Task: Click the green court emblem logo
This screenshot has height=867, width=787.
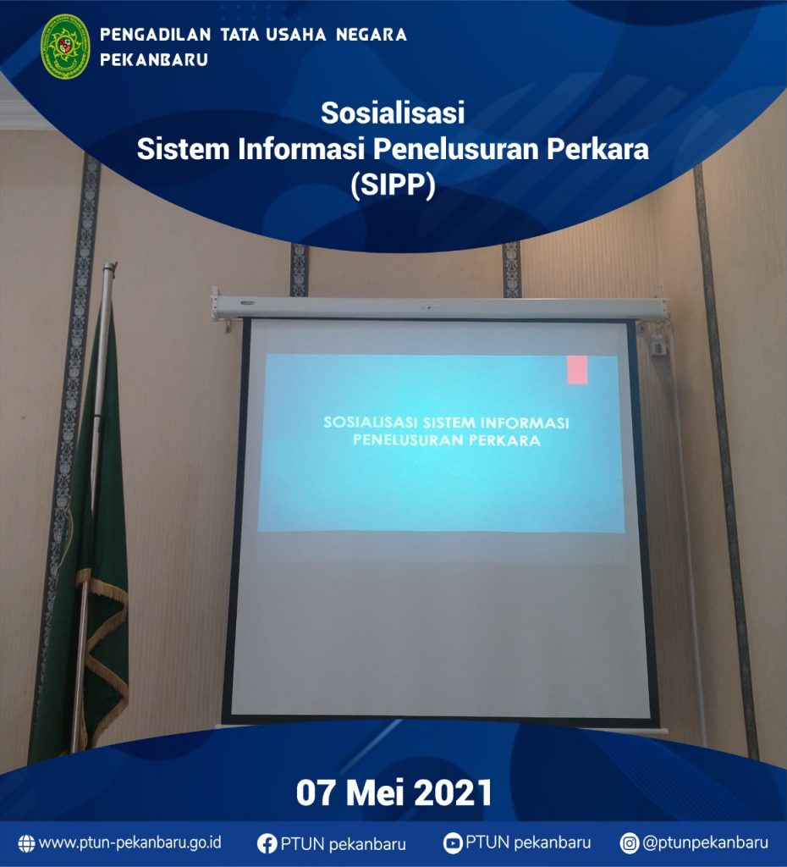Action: [x=65, y=47]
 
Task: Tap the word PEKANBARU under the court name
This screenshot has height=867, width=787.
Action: [x=154, y=60]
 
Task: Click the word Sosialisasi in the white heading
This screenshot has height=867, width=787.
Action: [x=393, y=113]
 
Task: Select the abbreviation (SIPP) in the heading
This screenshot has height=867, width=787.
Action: [x=393, y=185]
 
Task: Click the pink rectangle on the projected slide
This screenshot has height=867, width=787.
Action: [x=577, y=370]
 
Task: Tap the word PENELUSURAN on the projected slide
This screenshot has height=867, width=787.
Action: [x=408, y=440]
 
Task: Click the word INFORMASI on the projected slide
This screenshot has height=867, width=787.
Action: [x=525, y=423]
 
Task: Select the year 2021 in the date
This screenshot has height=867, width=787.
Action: [x=453, y=792]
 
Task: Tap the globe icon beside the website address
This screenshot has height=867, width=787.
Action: [x=26, y=843]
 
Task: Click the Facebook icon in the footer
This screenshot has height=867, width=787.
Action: [x=267, y=844]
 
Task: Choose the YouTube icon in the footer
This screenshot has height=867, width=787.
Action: [x=453, y=843]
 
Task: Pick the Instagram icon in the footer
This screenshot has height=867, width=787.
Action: [x=629, y=843]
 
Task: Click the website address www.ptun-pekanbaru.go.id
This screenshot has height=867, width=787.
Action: [x=129, y=842]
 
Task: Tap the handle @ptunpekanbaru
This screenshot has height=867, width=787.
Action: [x=705, y=843]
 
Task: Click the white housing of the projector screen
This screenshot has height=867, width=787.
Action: [x=439, y=306]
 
